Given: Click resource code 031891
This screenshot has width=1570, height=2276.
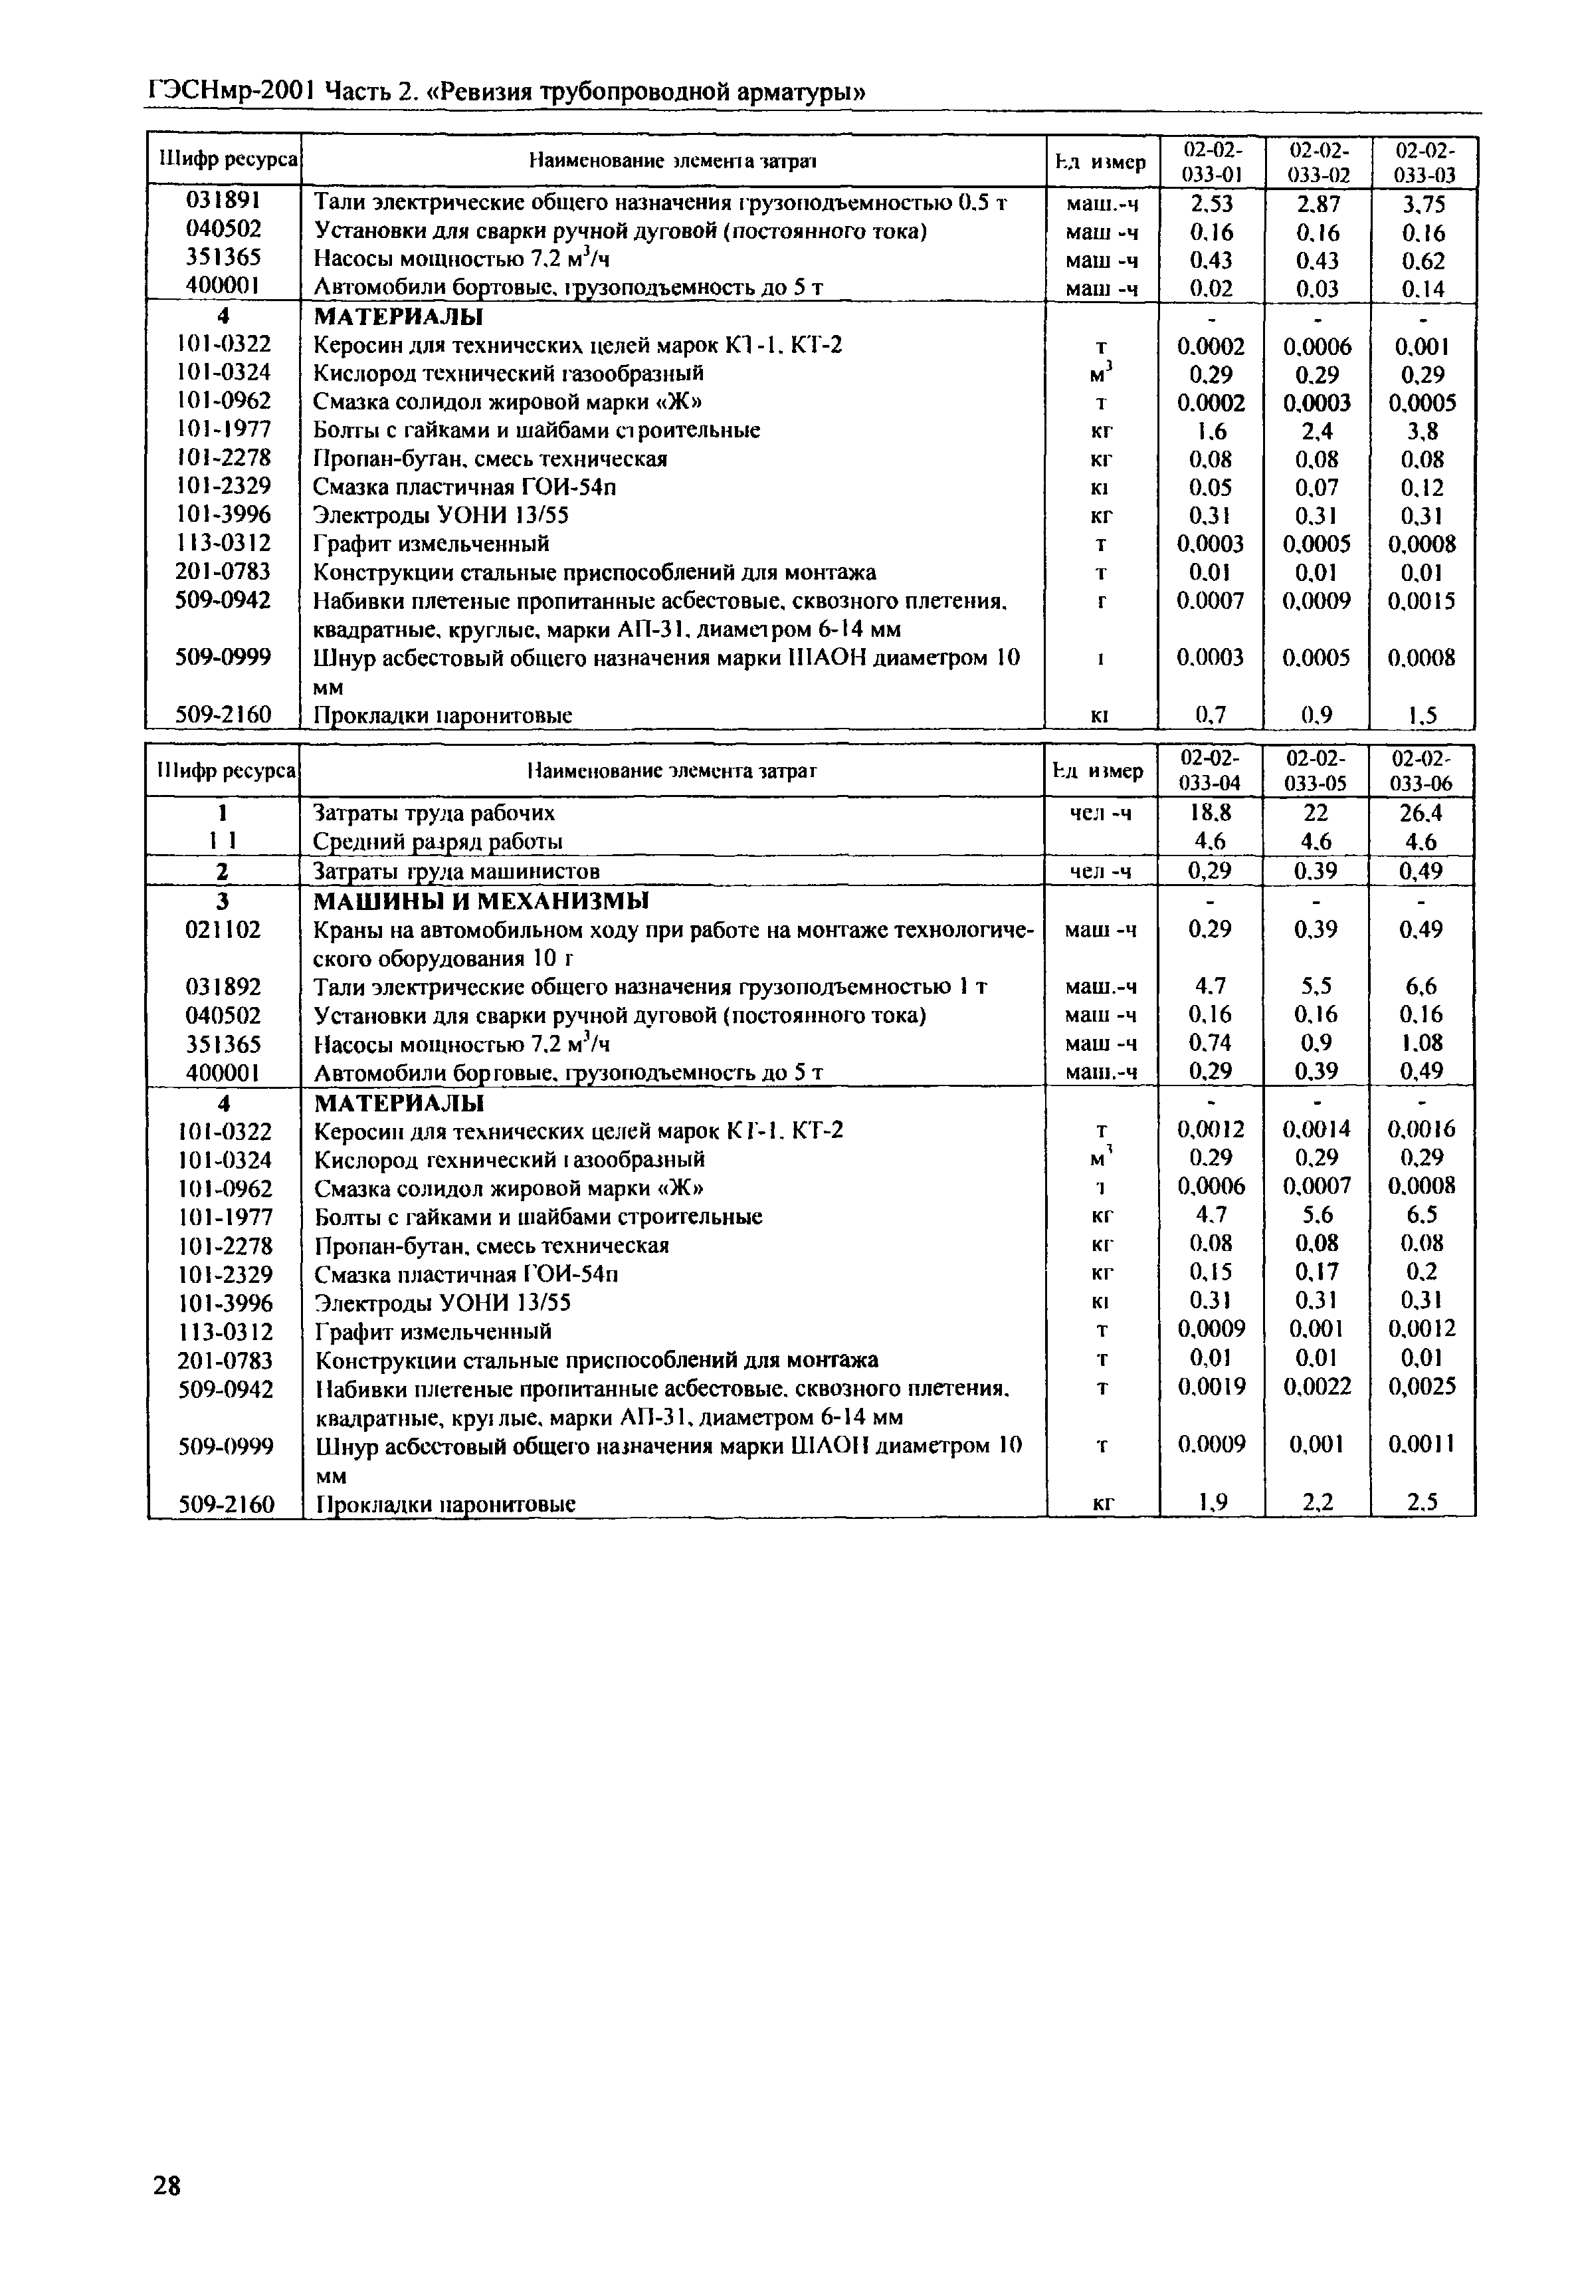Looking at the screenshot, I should point(225,201).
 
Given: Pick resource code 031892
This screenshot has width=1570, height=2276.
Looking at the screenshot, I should point(225,986).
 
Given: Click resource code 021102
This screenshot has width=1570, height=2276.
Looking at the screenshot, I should point(225,929).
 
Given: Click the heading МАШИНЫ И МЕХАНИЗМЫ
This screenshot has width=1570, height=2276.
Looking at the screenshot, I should point(481,901).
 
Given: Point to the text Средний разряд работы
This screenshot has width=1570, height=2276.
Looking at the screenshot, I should point(438,842).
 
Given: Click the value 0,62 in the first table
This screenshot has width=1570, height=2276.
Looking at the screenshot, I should point(1423,261).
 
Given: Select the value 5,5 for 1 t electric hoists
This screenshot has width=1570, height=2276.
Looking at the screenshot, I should point(1316,986).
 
